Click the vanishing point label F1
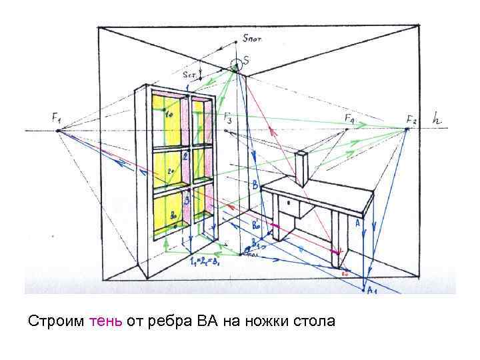[x=57, y=117]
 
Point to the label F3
[x=228, y=120]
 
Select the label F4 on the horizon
[x=349, y=118]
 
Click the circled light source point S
[x=235, y=65]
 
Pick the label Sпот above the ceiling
[x=252, y=39]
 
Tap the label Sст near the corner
[x=191, y=74]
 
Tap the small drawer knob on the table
[x=287, y=201]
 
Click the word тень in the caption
[x=105, y=322]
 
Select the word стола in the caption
[x=315, y=322]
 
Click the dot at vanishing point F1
[x=59, y=131]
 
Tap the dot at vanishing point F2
[x=408, y=129]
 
